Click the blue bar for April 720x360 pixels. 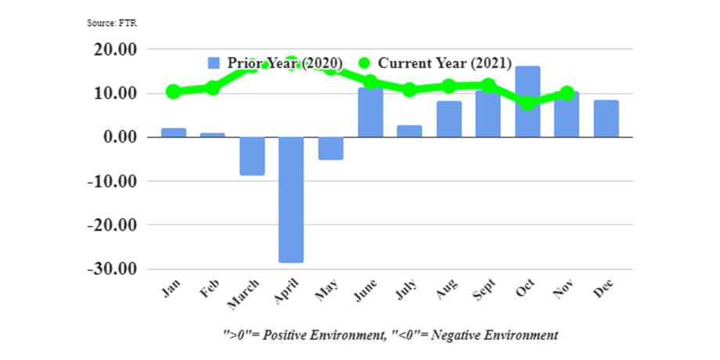(291, 200)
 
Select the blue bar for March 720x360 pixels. (252, 156)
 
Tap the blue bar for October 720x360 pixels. (527, 102)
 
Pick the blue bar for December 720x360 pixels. (606, 118)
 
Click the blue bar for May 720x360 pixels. (330, 148)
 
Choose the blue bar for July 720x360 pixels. (409, 131)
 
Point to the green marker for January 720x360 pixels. (174, 92)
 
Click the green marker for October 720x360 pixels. (527, 103)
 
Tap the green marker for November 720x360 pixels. (567, 93)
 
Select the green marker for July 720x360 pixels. (409, 90)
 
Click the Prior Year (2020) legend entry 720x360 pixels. (274, 63)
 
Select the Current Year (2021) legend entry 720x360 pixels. (435, 63)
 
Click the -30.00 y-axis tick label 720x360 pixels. (112, 268)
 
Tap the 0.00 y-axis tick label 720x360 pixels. (119, 137)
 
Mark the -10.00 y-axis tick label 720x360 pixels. (112, 181)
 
